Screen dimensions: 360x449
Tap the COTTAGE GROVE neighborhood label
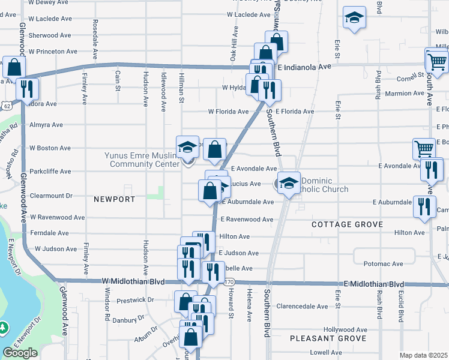348,224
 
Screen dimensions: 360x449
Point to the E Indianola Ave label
304,67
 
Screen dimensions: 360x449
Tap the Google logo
20,353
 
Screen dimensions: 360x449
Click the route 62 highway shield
6,106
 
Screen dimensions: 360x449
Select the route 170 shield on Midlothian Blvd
228,282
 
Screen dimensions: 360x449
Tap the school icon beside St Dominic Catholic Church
289,182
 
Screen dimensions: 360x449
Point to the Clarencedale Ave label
303,306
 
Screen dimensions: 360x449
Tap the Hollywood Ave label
345,329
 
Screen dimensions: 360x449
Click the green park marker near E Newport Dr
4,328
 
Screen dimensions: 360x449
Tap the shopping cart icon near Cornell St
436,60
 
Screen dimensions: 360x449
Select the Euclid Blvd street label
400,305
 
